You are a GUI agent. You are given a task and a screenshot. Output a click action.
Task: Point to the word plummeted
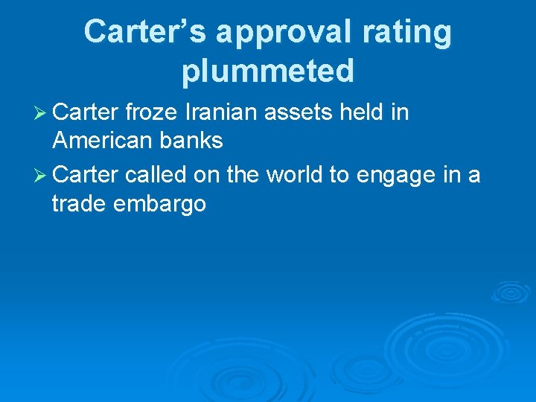click(267, 71)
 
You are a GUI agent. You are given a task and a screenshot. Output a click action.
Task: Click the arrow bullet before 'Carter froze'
click(41, 113)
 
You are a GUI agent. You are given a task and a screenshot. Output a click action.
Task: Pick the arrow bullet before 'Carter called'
click(41, 176)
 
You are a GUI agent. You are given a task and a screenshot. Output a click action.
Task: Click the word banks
click(191, 141)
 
